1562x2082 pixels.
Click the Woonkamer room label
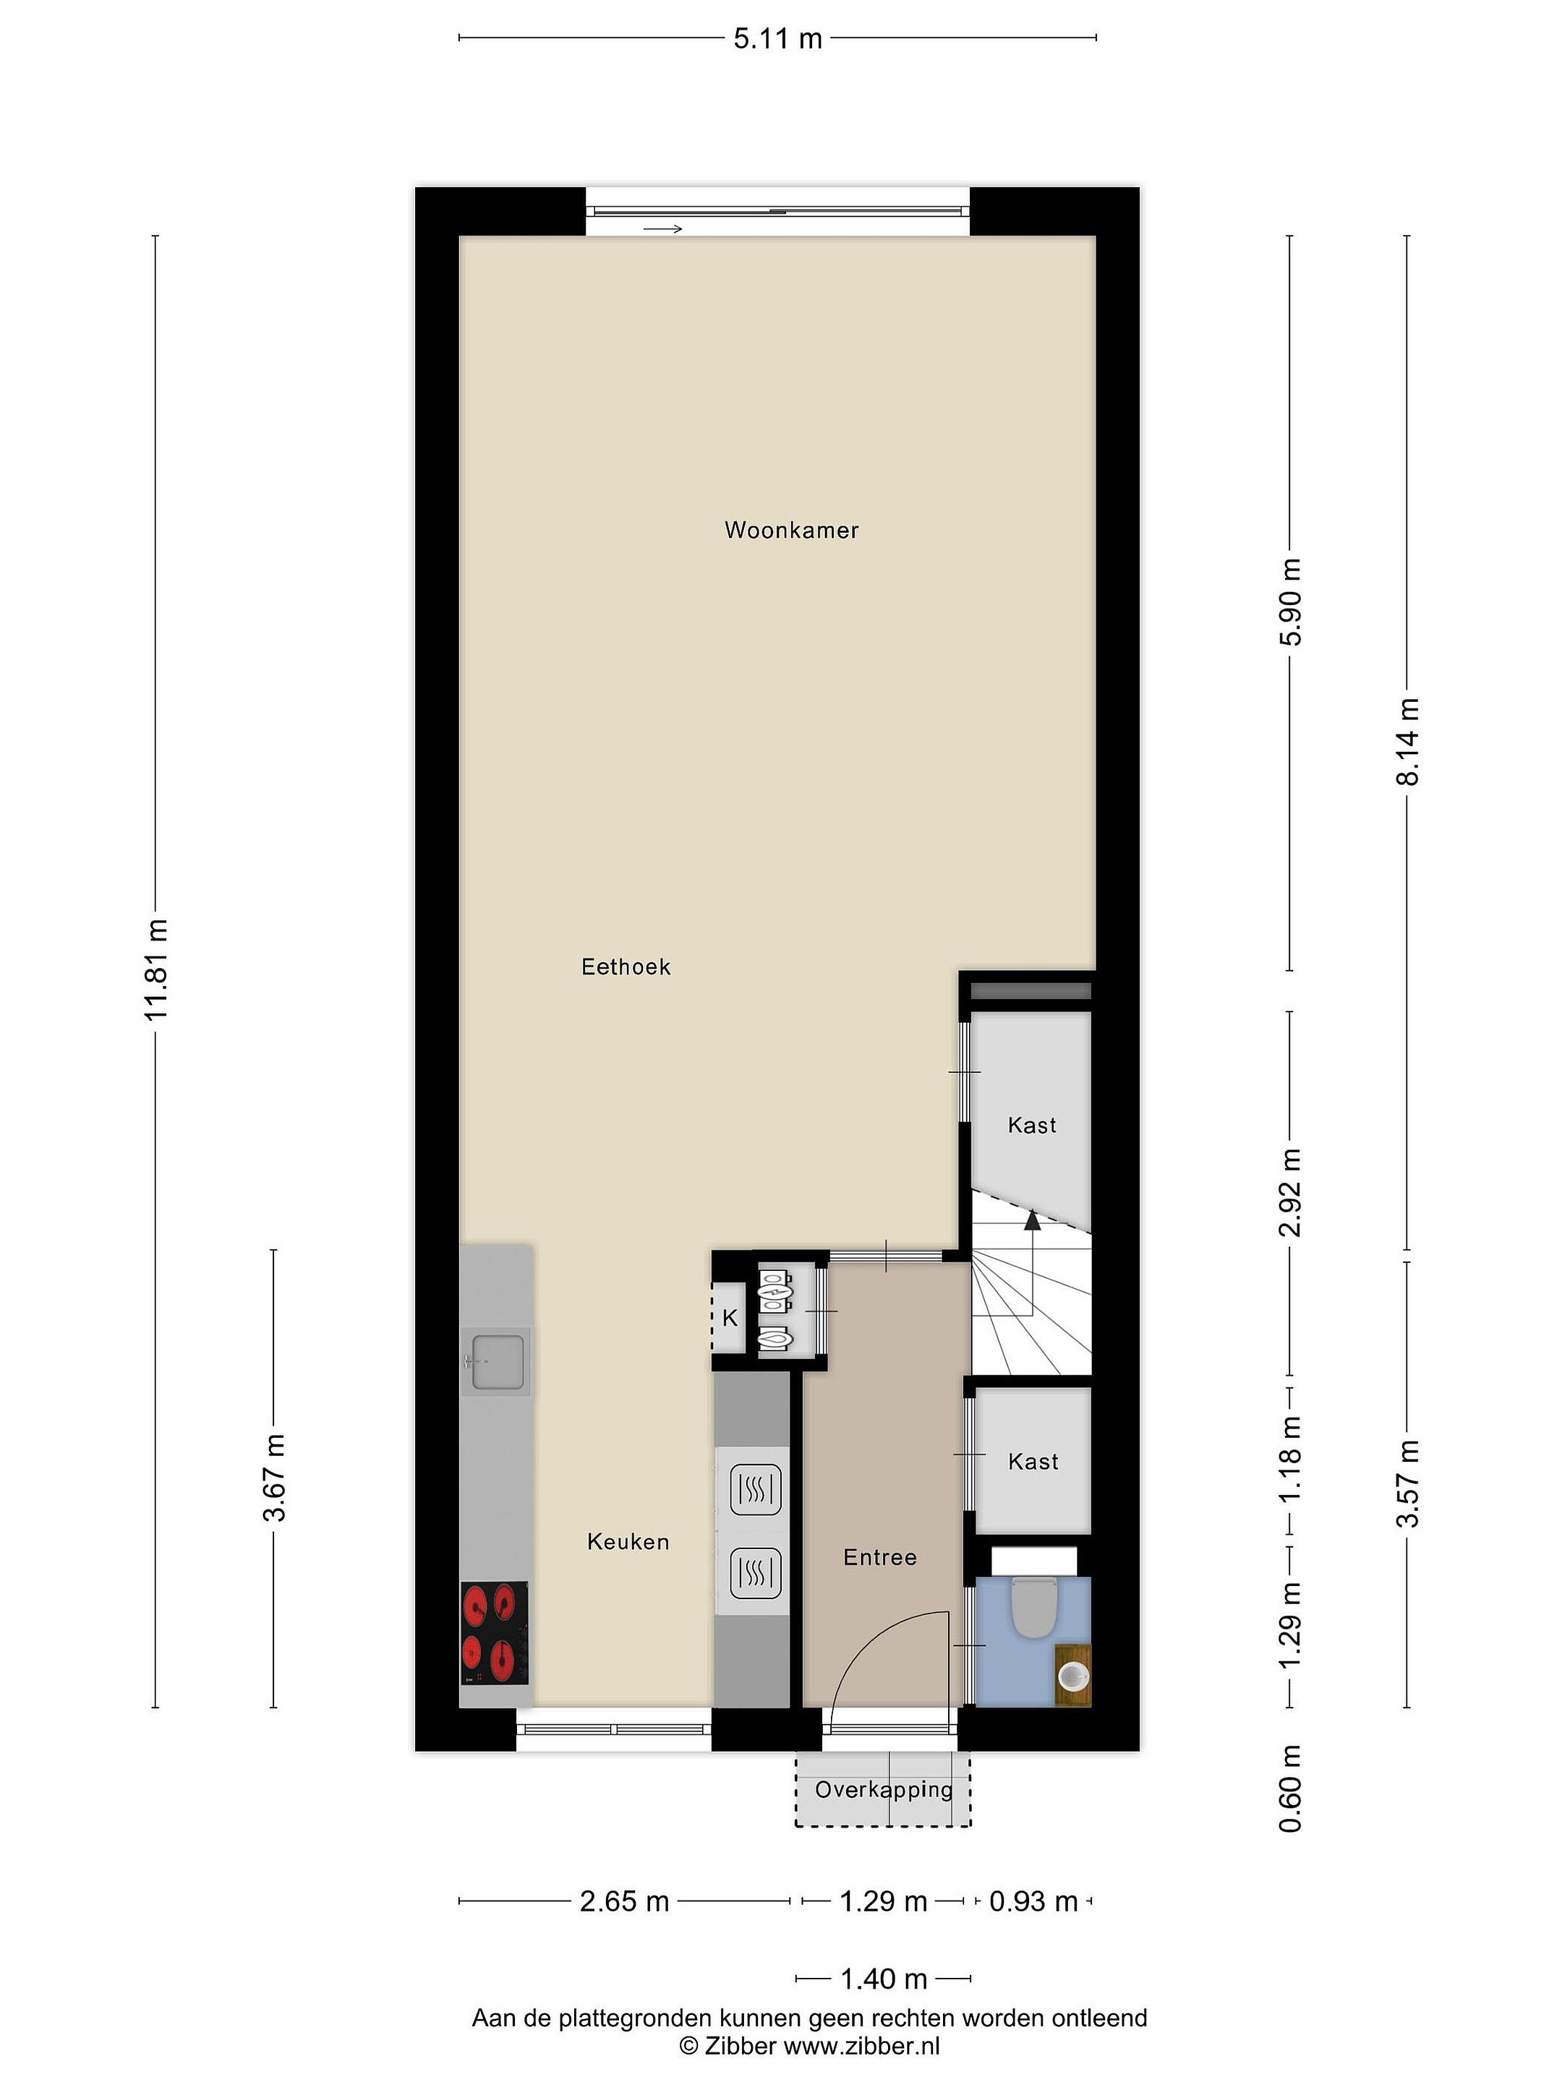point(791,530)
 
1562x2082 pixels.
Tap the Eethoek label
point(626,967)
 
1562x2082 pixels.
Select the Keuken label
point(628,1542)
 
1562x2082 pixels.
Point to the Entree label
point(879,1558)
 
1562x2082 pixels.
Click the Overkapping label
point(883,1789)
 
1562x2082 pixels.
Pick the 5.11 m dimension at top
point(777,38)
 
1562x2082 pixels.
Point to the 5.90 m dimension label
point(1291,602)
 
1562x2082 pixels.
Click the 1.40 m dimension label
point(883,1979)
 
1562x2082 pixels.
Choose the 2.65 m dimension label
point(624,1901)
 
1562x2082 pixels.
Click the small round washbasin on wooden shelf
point(1073,1676)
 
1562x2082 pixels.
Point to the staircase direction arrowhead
point(1032,1220)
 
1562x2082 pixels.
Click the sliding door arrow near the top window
point(663,228)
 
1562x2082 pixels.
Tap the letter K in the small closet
point(730,1319)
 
